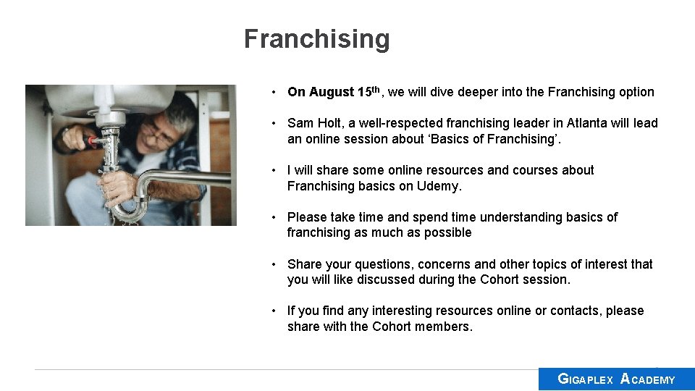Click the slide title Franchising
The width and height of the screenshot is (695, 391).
(316, 38)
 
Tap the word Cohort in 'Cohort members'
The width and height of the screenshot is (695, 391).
(392, 327)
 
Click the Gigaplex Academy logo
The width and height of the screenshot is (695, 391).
(616, 379)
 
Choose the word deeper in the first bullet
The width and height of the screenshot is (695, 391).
(481, 92)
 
